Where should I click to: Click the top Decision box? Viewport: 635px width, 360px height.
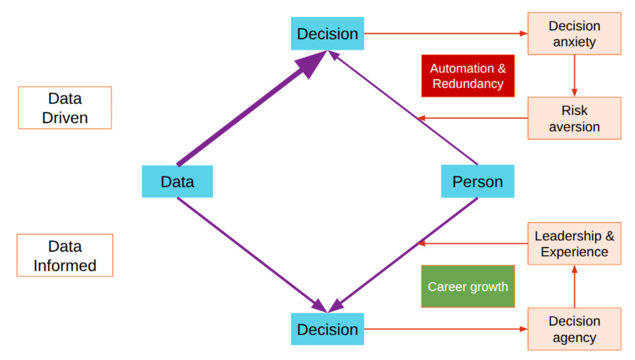(327, 33)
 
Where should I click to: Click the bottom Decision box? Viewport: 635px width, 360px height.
(327, 329)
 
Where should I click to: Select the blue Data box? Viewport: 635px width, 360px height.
(177, 181)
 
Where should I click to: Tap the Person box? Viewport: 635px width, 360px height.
(477, 181)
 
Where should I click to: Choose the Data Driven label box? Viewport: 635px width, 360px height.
(65, 108)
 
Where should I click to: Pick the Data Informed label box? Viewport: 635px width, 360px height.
(65, 255)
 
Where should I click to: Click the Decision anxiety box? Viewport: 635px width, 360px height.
(574, 34)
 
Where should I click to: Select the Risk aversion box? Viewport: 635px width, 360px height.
(574, 118)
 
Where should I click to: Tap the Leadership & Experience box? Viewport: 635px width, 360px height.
(574, 244)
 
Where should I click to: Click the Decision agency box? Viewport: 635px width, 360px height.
(574, 329)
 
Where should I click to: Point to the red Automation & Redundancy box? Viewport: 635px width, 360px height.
(468, 76)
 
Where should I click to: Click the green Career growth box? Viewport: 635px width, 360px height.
(468, 286)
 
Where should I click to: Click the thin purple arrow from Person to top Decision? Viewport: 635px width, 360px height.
(405, 109)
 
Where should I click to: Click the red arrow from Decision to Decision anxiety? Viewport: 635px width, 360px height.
(446, 33)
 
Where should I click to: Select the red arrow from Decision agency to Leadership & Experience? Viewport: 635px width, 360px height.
(574, 286)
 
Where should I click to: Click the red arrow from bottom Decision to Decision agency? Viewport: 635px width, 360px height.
(446, 329)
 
